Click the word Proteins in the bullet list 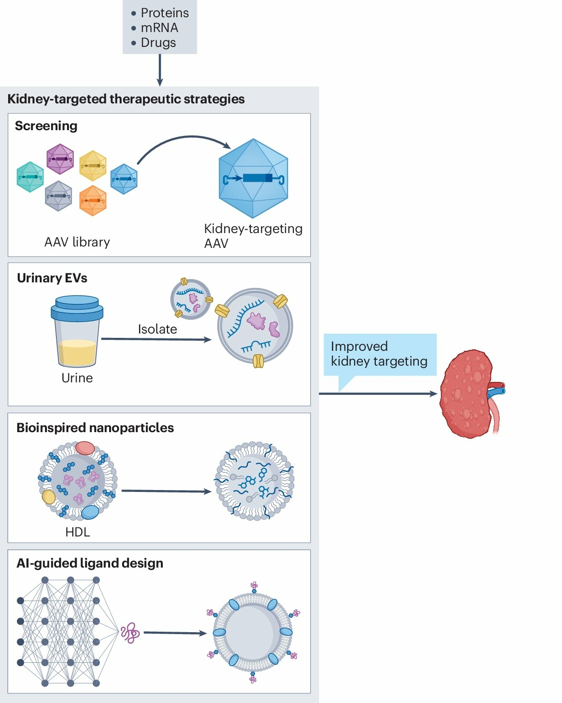click(165, 13)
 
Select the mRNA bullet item click(159, 28)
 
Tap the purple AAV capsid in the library click(60, 159)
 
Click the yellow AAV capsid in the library click(93, 166)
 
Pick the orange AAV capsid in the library click(93, 200)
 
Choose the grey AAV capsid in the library click(58, 196)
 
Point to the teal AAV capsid click(30, 177)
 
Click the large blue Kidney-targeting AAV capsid click(253, 179)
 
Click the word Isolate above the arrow click(157, 329)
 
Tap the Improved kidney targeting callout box click(380, 354)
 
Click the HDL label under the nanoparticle click(78, 532)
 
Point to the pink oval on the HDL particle click(85, 448)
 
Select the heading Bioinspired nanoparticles click(95, 428)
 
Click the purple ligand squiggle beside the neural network click(130, 633)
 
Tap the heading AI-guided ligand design click(90, 563)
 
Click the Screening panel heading click(46, 126)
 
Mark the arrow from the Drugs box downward click(160, 70)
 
